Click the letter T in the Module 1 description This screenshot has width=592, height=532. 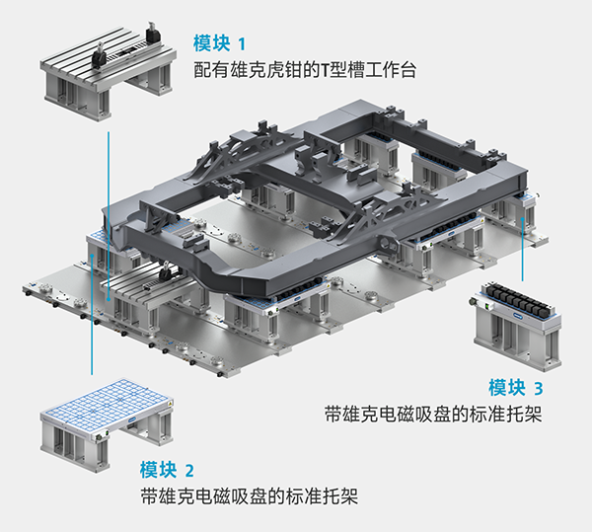(327, 71)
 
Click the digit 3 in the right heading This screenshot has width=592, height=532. (538, 387)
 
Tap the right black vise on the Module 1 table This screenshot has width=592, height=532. (153, 36)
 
